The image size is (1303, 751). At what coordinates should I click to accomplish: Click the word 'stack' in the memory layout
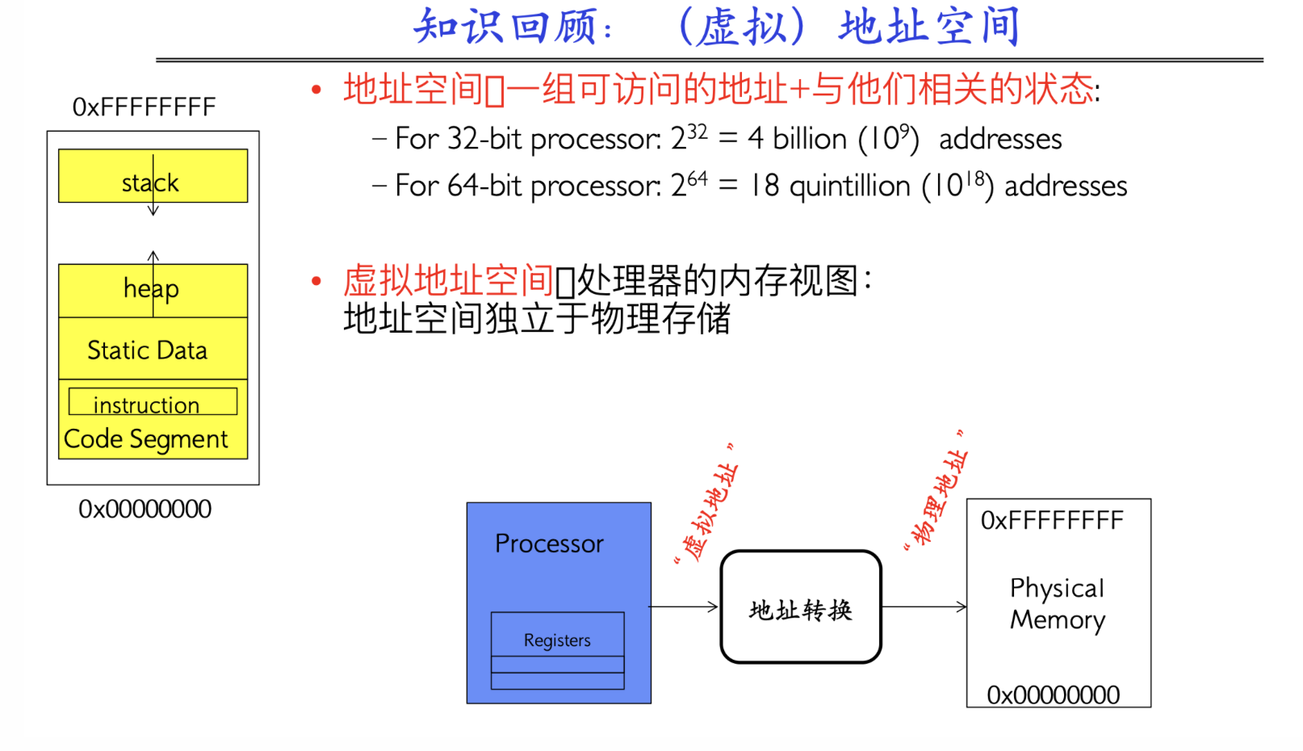tap(150, 183)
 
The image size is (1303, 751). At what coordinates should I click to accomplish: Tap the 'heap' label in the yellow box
tap(151, 289)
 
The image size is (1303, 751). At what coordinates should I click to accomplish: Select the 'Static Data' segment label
tap(147, 350)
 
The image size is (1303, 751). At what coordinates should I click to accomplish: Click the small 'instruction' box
tap(153, 401)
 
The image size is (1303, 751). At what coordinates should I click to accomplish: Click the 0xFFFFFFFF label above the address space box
tap(144, 107)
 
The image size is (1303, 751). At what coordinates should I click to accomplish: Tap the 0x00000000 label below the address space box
tap(145, 509)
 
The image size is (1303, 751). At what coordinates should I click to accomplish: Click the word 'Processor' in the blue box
tap(549, 543)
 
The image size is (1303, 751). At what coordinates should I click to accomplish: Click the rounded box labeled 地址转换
tap(801, 606)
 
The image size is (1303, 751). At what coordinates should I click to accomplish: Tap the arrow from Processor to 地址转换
tap(684, 606)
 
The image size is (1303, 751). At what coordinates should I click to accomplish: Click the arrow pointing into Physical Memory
tap(924, 606)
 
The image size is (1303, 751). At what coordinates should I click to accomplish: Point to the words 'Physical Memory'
tap(1058, 604)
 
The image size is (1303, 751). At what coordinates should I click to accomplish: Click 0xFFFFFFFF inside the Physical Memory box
tap(1052, 521)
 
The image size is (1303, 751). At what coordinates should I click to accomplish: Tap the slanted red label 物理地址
tap(936, 490)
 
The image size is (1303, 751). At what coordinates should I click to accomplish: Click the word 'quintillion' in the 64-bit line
tap(850, 187)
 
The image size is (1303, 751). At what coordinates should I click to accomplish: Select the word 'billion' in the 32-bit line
tap(810, 139)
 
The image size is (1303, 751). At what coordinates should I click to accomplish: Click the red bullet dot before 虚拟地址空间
tap(316, 282)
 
